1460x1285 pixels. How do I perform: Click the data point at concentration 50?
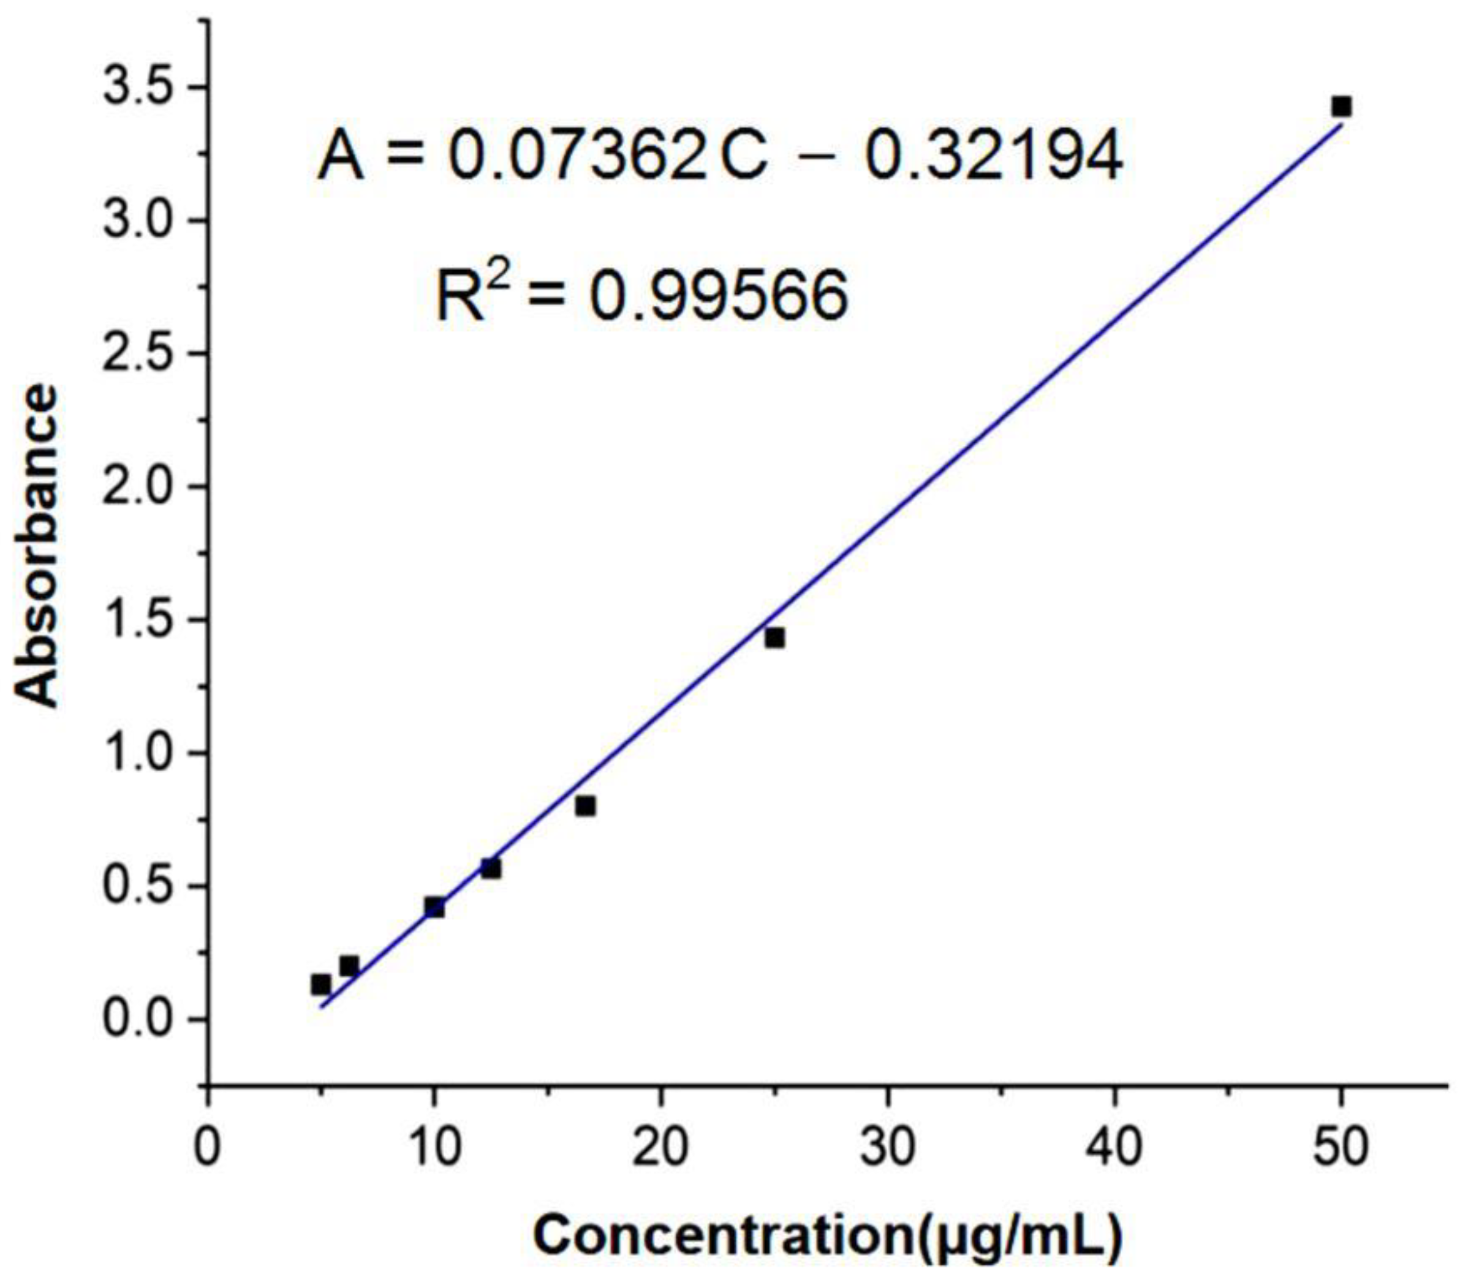pos(1341,107)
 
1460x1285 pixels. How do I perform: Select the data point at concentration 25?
pos(774,638)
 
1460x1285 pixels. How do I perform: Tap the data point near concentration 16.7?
pos(586,806)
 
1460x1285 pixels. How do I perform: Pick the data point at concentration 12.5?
pos(491,869)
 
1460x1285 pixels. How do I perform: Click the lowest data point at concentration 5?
pos(320,984)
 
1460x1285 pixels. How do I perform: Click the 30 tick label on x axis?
pos(888,1148)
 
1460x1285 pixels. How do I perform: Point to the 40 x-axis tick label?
pos(1114,1148)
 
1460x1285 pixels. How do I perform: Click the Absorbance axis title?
pos(37,546)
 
